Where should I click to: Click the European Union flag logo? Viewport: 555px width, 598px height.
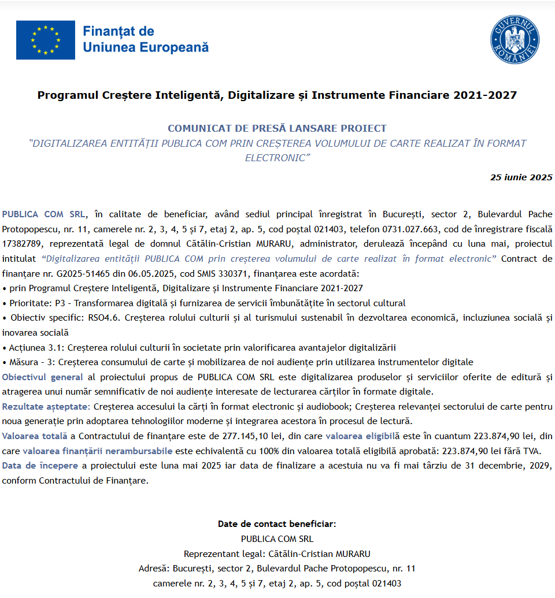[x=46, y=40]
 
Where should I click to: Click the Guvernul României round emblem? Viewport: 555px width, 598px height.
[x=515, y=40]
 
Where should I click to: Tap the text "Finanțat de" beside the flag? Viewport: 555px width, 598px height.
[x=119, y=31]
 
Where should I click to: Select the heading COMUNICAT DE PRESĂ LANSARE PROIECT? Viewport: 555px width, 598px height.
[x=277, y=128]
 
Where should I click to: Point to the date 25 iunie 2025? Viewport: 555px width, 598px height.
[x=521, y=177]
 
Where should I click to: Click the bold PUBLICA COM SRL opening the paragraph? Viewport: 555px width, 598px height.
[x=43, y=214]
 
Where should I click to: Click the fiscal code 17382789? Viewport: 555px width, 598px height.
[x=23, y=244]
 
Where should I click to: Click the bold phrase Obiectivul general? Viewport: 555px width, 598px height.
[x=43, y=377]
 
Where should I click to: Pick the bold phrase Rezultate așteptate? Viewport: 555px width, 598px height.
[x=46, y=407]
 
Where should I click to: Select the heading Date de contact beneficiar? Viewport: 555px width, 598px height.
[x=277, y=524]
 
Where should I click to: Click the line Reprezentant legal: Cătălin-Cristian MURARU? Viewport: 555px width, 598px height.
[x=277, y=554]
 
